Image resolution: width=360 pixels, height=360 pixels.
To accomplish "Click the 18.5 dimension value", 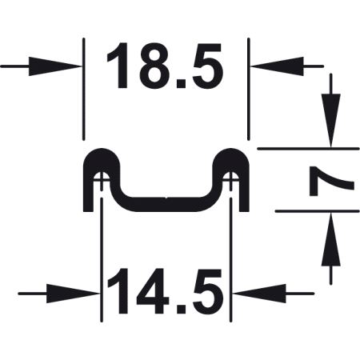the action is tap(165, 66).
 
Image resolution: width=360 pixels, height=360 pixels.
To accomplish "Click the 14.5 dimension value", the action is tap(165, 290).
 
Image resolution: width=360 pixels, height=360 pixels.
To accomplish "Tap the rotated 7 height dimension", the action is tap(331, 181).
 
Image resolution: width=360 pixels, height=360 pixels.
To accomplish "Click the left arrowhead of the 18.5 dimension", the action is tap(54, 66).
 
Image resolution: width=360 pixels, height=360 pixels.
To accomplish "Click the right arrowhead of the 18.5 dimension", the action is tap(278, 66).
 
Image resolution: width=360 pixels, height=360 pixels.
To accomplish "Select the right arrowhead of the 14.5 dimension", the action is tap(259, 294).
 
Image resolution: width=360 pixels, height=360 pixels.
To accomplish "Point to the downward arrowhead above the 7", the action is tap(331, 120).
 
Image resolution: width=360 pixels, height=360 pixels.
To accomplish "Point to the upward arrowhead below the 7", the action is tap(331, 239).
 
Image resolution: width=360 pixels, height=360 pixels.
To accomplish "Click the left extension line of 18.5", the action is tap(84, 89).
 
